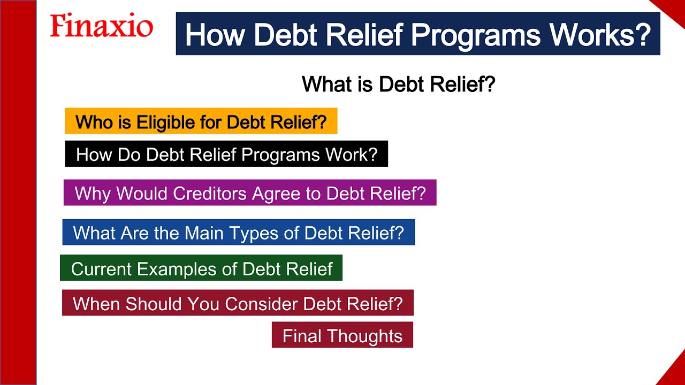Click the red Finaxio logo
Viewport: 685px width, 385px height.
pos(101,26)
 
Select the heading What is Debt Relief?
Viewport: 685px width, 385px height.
pos(398,84)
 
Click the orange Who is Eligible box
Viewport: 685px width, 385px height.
pos(201,121)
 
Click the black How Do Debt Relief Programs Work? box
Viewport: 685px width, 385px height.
pos(226,155)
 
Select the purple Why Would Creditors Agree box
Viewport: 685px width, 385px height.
pos(249,193)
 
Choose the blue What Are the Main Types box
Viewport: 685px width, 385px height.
pos(238,233)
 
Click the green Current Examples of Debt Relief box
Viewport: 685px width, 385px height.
pos(201,268)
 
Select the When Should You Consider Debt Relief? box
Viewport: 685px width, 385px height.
pos(238,304)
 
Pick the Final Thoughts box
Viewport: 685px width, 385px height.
pos(342,335)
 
